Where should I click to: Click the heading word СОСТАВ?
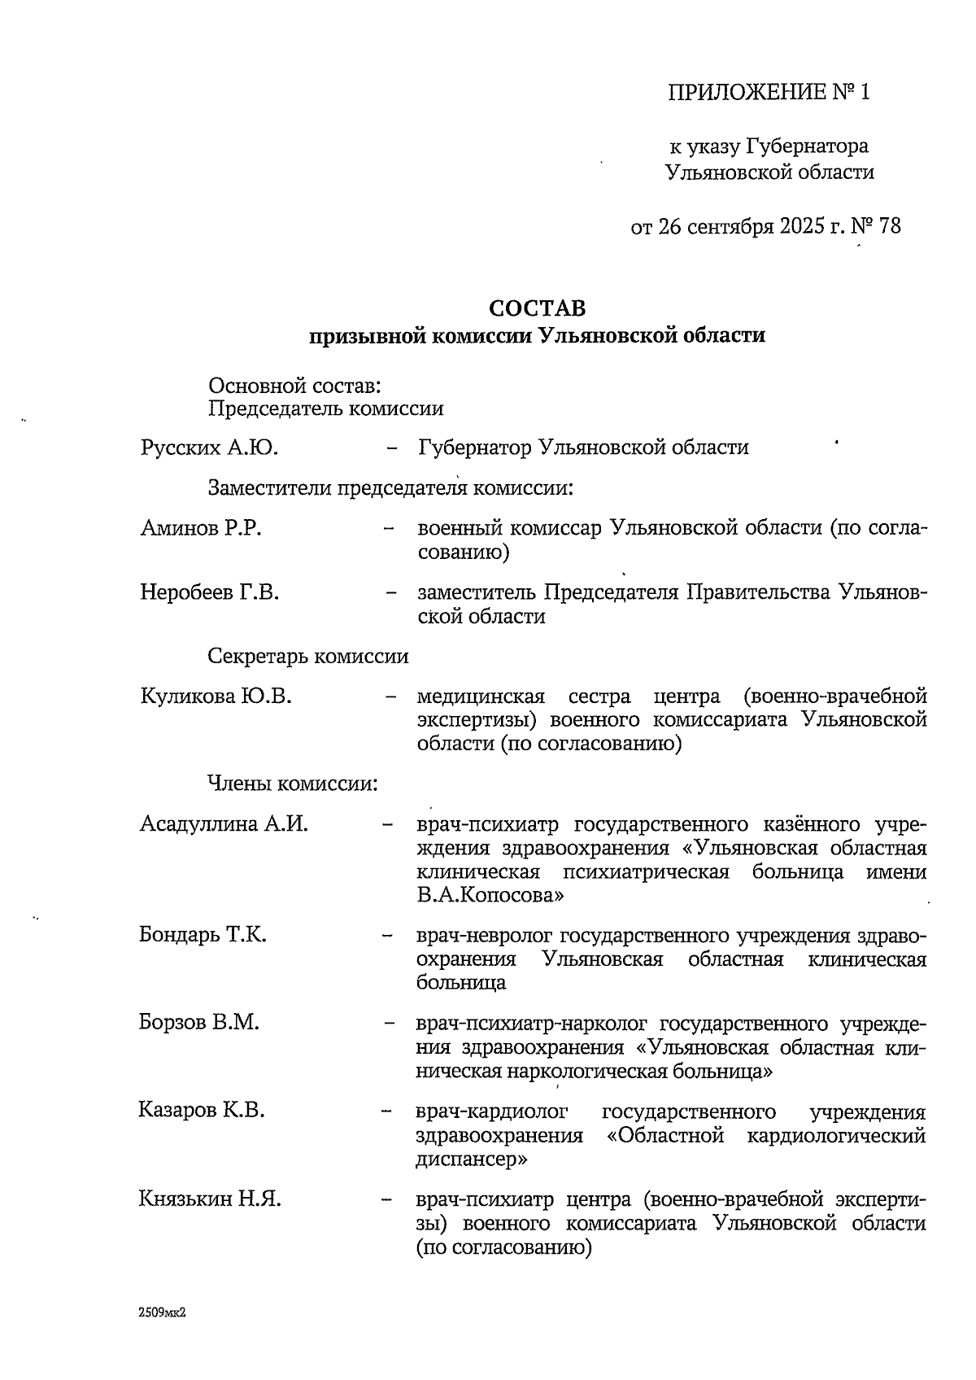(x=537, y=308)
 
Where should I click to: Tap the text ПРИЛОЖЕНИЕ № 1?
(x=769, y=92)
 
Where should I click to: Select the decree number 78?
(x=889, y=225)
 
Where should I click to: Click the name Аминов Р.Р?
(x=200, y=528)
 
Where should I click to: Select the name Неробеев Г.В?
(x=209, y=592)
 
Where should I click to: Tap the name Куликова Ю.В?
(x=216, y=697)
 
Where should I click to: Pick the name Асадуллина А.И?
(x=224, y=823)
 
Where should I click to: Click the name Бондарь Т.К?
(x=203, y=934)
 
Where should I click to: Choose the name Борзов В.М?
(x=199, y=1022)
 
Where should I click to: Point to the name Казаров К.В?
(x=202, y=1110)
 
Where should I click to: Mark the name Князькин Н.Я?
(x=210, y=1199)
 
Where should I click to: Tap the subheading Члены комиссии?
(x=293, y=784)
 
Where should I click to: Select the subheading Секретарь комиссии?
(x=308, y=656)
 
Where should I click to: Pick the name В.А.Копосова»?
(x=490, y=896)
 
